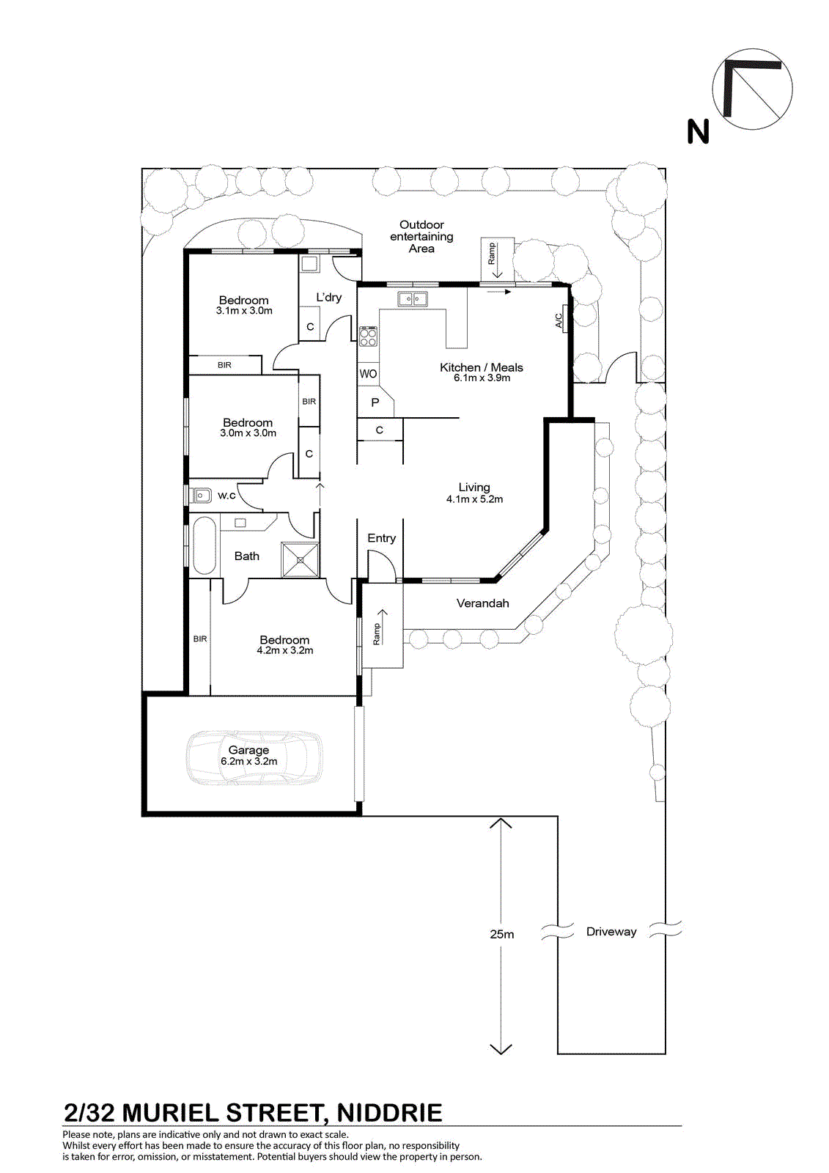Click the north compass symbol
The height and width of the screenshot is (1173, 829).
click(x=752, y=89)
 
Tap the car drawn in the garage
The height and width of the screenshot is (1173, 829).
click(x=254, y=758)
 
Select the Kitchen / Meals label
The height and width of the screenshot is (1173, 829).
click(x=482, y=367)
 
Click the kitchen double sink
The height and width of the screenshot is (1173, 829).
click(x=413, y=299)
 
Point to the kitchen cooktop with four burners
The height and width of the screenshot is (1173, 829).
click(x=368, y=337)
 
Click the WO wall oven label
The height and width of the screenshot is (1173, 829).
click(x=368, y=374)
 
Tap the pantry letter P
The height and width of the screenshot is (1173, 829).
click(x=375, y=402)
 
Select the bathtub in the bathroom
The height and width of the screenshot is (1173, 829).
click(x=204, y=546)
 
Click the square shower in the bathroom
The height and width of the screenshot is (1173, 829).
click(x=300, y=560)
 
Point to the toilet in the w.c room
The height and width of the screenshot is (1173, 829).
click(x=201, y=495)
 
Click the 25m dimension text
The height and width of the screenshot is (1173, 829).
click(x=501, y=934)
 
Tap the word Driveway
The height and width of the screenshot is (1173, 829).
click(x=611, y=932)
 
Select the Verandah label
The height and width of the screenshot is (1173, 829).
click(x=482, y=603)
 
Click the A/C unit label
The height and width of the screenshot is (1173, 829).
click(x=559, y=320)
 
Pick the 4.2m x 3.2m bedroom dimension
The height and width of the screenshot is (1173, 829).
click(x=285, y=650)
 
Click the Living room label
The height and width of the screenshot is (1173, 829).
click(x=474, y=488)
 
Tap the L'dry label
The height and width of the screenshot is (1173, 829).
click(x=329, y=298)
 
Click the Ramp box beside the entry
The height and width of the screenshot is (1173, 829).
click(x=383, y=625)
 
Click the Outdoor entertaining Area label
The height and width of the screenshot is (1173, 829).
click(x=421, y=237)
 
